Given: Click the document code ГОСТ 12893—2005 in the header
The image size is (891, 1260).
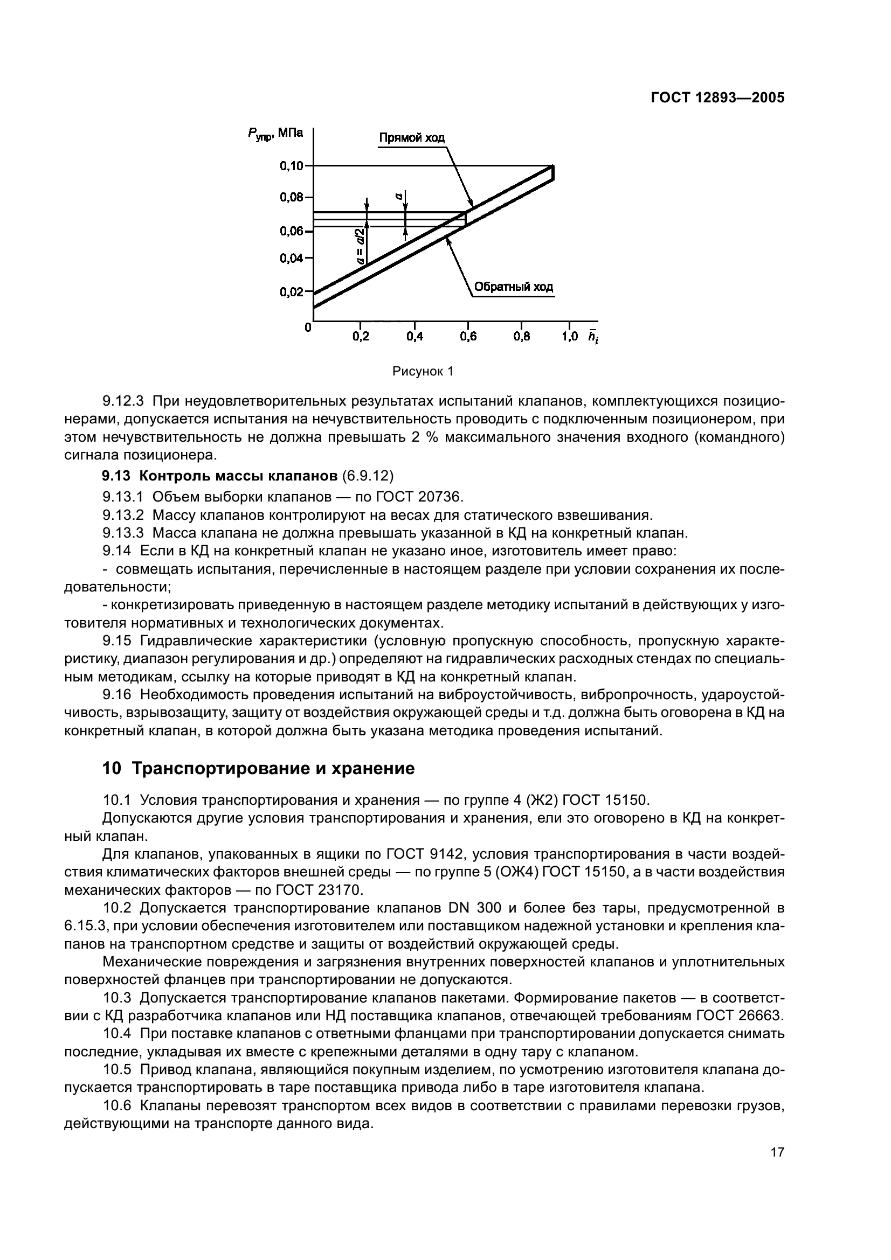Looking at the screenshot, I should point(717,98).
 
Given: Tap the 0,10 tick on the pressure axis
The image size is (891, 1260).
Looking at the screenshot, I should point(292,166).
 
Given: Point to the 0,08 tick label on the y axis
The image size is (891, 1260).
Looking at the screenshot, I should point(292,197).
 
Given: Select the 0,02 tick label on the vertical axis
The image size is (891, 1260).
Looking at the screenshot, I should point(292,292).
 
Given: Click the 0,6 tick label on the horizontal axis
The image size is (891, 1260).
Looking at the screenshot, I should point(468,337).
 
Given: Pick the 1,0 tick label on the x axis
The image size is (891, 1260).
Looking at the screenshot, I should point(570,337).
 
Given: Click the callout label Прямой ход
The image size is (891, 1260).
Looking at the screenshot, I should point(412,137).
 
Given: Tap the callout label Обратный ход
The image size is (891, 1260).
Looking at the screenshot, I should point(513,287).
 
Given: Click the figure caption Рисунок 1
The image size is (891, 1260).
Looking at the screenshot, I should point(423,372).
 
